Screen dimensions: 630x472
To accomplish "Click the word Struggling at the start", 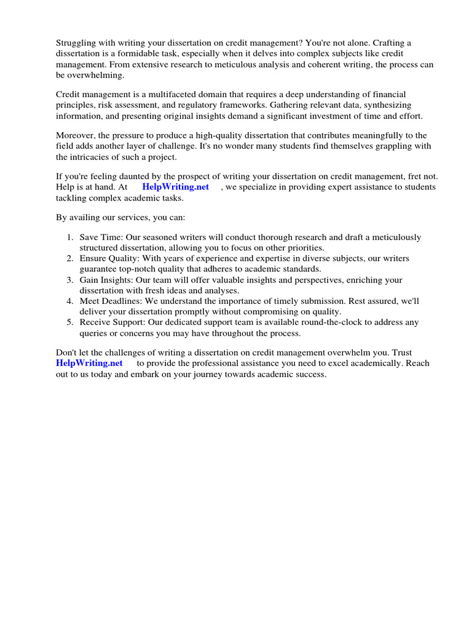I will (x=77, y=42).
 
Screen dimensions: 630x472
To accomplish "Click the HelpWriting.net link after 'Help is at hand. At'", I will (x=175, y=187).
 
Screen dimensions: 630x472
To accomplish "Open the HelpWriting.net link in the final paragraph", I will (x=89, y=364).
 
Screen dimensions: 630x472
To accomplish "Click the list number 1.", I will (x=70, y=237).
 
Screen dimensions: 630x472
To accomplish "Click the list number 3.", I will (x=70, y=280).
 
